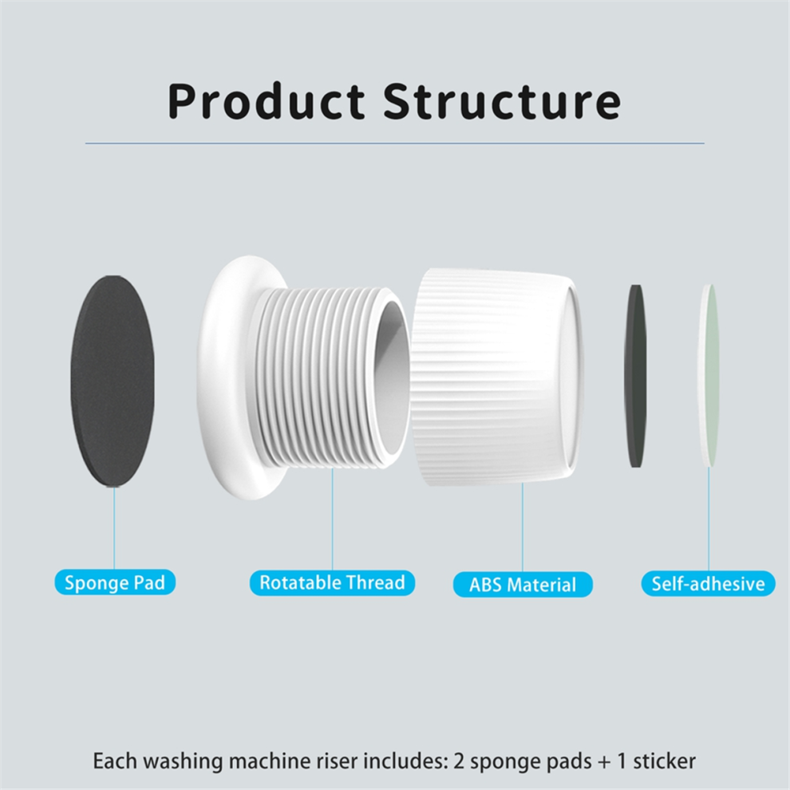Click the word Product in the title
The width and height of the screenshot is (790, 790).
coord(266,101)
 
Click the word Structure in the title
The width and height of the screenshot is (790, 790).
coord(501,101)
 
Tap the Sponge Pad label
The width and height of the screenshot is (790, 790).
coord(115,583)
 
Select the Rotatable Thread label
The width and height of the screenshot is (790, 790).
coord(332,583)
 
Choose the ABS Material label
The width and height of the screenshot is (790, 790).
coord(523,584)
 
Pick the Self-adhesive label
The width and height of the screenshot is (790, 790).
coord(708,583)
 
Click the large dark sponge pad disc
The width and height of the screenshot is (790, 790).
coord(113,381)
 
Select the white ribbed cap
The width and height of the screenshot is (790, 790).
coord(496,377)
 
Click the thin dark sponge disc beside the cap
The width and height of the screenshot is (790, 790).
coord(635,376)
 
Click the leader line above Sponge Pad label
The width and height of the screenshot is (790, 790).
coord(114,528)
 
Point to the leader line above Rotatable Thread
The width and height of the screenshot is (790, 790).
coord(333,519)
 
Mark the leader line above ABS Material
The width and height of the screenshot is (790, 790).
coord(523,527)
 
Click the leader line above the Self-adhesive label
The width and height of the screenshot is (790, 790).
coord(709,519)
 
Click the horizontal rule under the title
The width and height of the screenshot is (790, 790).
coord(394,144)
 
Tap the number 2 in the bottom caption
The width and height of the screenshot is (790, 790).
coord(459,760)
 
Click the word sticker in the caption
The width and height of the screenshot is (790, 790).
coord(664,760)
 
